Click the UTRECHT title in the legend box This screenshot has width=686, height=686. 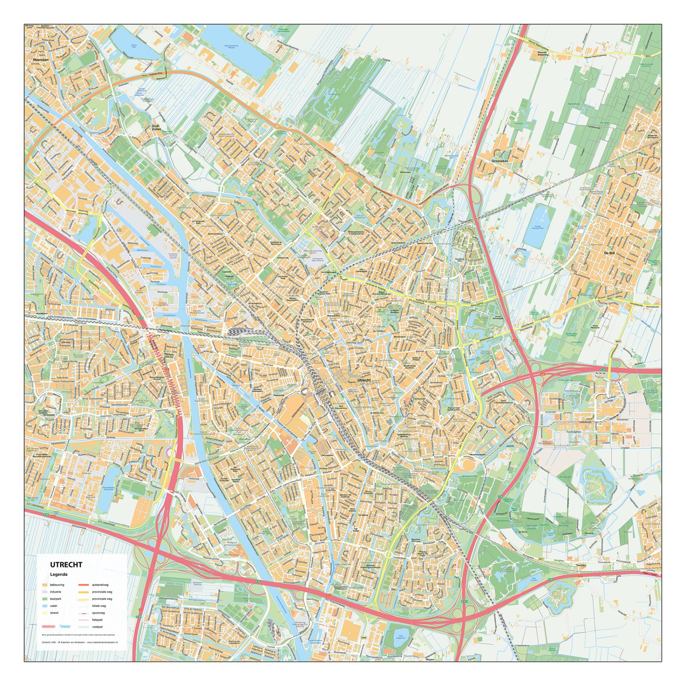click(x=66, y=565)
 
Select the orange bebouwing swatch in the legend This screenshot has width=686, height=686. click(x=45, y=585)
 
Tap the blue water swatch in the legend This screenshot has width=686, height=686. click(x=45, y=606)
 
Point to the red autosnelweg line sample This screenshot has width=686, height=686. click(x=84, y=585)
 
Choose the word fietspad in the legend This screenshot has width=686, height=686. click(x=97, y=620)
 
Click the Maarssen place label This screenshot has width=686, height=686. click(x=41, y=60)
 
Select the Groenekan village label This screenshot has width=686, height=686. click(x=499, y=161)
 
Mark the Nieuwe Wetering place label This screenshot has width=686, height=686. click(x=543, y=54)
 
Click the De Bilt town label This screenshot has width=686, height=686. click(x=609, y=253)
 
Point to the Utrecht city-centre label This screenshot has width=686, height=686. click(x=364, y=380)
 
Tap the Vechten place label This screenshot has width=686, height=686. click(x=581, y=566)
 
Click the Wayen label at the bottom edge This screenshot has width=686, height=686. click(x=430, y=659)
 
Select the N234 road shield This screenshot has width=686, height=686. click(x=647, y=56)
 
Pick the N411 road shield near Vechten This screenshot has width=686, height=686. click(x=541, y=559)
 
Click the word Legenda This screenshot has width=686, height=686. click(x=59, y=575)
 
